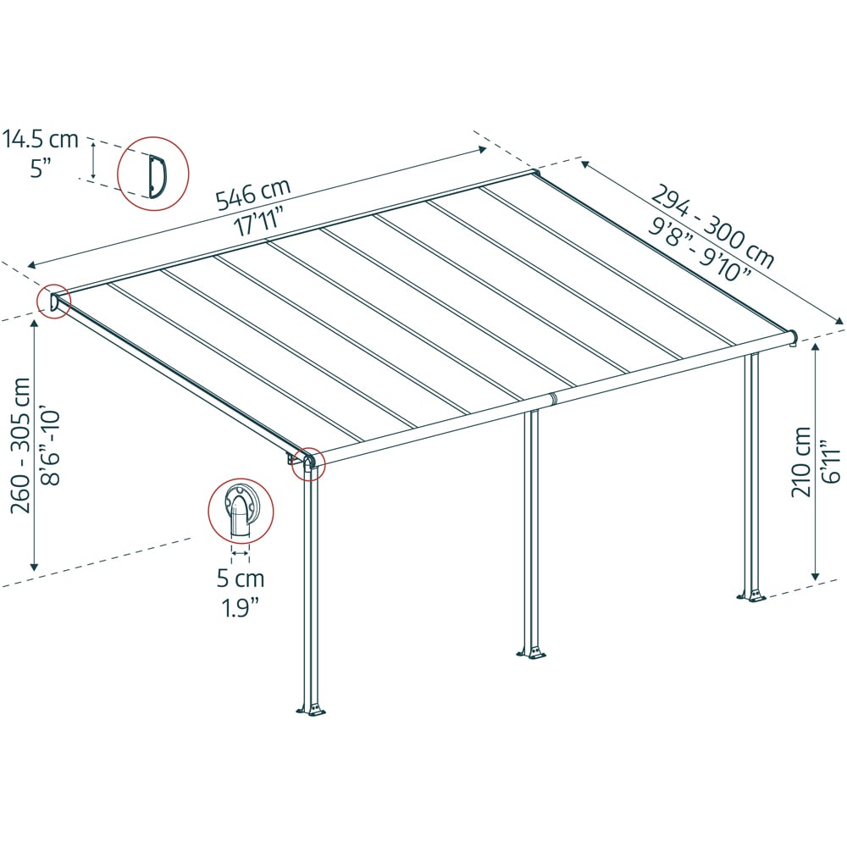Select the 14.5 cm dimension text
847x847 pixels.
[x=41, y=140]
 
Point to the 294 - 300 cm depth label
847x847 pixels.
[x=713, y=227]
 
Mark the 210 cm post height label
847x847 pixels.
[x=801, y=462]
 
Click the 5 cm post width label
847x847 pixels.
[x=241, y=579]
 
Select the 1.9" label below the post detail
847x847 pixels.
[x=241, y=608]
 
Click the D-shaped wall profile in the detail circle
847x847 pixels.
[x=158, y=175]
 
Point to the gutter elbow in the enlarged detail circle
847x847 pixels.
[x=241, y=511]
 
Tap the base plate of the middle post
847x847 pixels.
[x=532, y=652]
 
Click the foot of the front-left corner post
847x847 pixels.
[x=311, y=709]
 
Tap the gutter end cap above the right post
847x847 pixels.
[x=793, y=338]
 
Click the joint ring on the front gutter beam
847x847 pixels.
[x=552, y=399]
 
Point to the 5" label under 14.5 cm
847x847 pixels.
[x=41, y=168]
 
